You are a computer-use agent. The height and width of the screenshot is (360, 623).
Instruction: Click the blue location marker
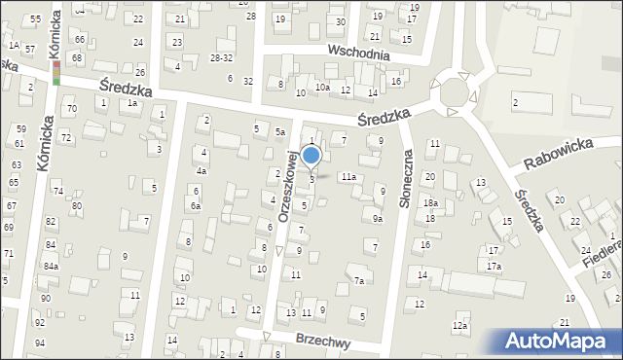pyautogui.click(x=311, y=156)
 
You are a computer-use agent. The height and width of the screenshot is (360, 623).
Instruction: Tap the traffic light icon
pyautogui.click(x=56, y=73)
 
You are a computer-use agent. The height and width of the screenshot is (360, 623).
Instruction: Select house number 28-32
pyautogui.click(x=221, y=58)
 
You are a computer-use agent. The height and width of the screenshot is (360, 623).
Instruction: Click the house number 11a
pyautogui.click(x=348, y=176)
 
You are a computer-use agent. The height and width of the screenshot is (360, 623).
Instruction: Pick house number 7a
pyautogui.click(x=359, y=281)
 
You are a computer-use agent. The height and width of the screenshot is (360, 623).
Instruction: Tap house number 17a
pyautogui.click(x=495, y=267)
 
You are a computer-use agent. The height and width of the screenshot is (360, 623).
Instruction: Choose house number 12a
pyautogui.click(x=460, y=325)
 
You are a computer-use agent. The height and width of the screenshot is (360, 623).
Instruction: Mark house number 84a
pyautogui.click(x=51, y=266)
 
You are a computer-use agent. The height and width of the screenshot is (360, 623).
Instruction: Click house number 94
pyautogui.click(x=40, y=343)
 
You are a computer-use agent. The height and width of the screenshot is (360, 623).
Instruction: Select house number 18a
pyautogui.click(x=430, y=202)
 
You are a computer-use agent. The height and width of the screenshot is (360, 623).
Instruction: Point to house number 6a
pyautogui.click(x=196, y=206)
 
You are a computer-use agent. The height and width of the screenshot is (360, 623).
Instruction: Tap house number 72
pyautogui.click(x=66, y=138)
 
